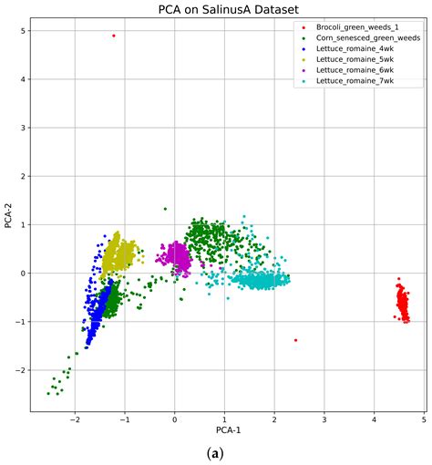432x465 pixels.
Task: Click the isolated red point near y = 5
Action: [113, 36]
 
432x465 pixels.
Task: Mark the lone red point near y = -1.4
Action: [296, 340]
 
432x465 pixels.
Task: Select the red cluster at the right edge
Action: [402, 302]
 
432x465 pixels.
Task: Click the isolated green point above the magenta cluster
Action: [165, 209]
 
